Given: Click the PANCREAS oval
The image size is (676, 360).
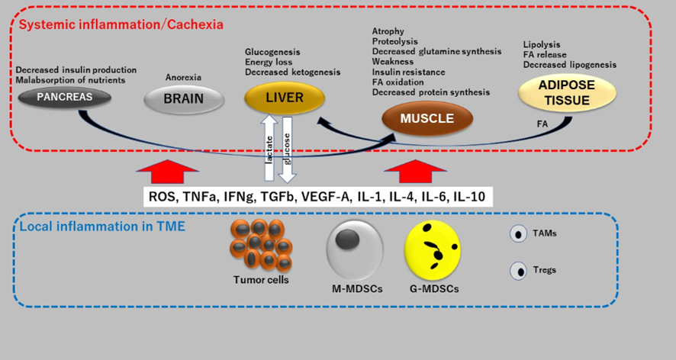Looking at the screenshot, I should pos(65,98).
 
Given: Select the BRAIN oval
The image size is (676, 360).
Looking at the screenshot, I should pos(183,98).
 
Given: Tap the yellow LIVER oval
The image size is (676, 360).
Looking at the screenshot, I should pos(284,98).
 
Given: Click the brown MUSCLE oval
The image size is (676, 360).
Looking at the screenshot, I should pos(427,118).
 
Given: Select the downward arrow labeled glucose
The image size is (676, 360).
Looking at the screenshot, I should pos(286,149).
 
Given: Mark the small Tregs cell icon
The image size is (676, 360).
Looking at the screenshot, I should pos(520,270).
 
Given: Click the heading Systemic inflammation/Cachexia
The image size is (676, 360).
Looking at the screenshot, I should pos(121,24).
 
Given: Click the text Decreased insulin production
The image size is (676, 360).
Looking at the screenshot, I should pos(76,70).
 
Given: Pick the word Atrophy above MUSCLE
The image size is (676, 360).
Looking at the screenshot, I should pos(388,31).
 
